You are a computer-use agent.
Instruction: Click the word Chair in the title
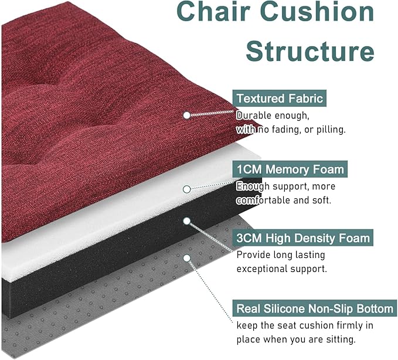pos(214,11)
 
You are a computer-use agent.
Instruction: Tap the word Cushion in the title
pos(317,11)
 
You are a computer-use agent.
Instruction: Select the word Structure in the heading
pos(310,50)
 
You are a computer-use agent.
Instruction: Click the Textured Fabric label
pos(280,99)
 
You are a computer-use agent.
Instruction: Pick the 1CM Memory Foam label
pos(290,169)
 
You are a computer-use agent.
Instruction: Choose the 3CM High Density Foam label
pos(303,238)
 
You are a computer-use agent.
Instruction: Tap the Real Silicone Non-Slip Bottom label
pos(315,308)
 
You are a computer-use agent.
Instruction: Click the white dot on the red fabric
pos(187,116)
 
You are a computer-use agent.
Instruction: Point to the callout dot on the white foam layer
pos(187,189)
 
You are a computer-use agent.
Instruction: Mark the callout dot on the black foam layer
pos(187,221)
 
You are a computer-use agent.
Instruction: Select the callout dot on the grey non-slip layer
pos(187,258)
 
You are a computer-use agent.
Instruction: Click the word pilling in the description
pos(331,130)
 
